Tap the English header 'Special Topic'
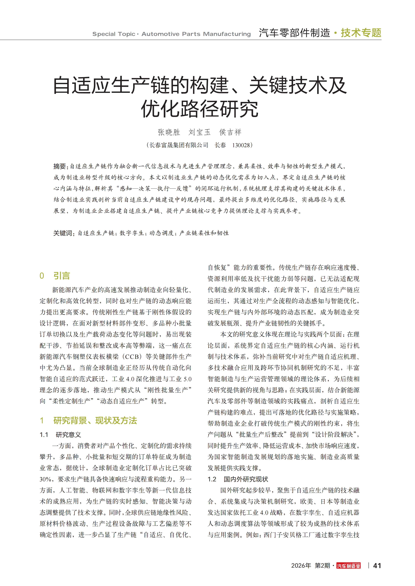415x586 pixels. pos(114,34)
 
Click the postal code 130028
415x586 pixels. pos(241,145)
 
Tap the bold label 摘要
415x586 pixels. pos(60,166)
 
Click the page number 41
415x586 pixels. pos(377,566)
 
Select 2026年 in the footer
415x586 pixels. pos(301,566)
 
